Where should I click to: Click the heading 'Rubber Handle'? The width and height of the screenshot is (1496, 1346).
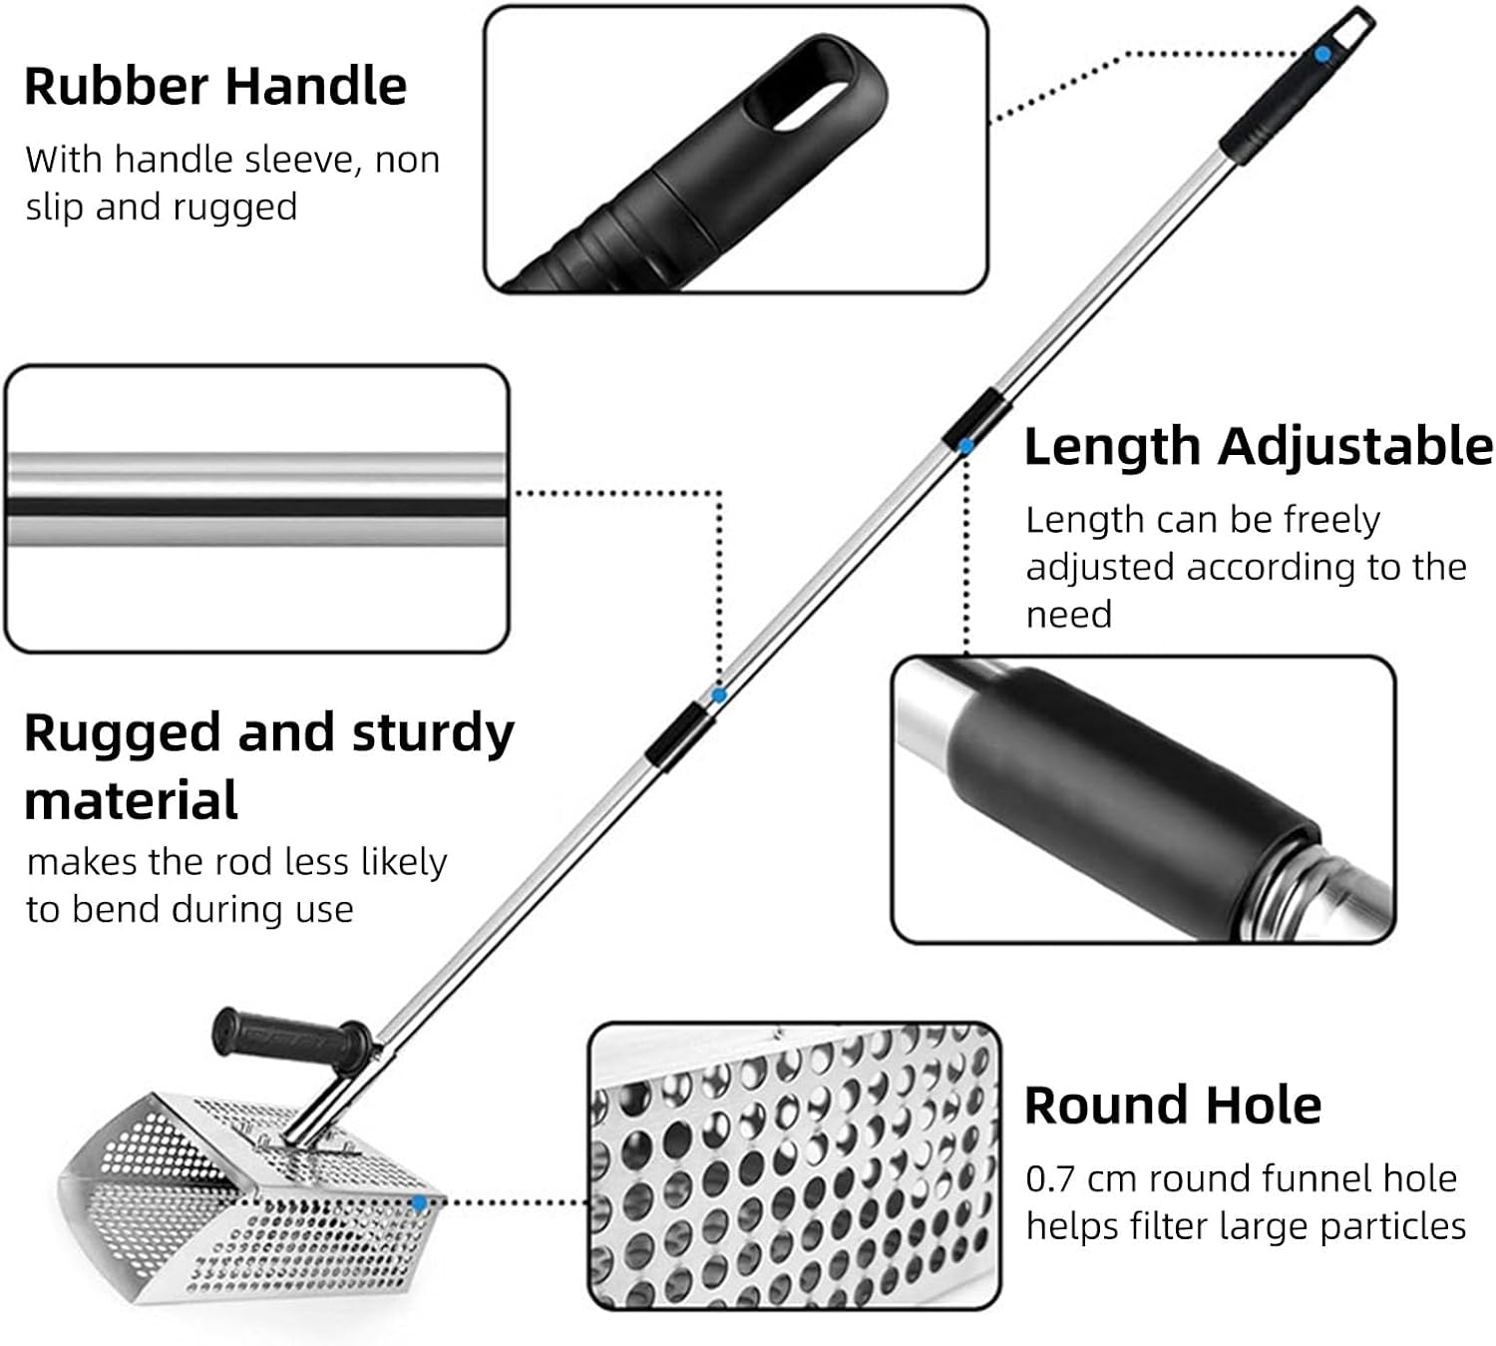[215, 86]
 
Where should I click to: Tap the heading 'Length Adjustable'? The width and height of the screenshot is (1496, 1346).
[1258, 446]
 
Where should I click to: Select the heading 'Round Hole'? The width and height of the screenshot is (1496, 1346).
[1173, 1106]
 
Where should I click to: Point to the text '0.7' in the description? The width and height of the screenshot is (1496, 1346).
[1049, 1179]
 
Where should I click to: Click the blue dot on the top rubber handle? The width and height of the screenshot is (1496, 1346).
[1321, 54]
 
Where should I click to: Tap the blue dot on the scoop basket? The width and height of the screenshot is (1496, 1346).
[419, 1203]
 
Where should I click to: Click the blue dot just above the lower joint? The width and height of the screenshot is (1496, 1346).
[718, 694]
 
